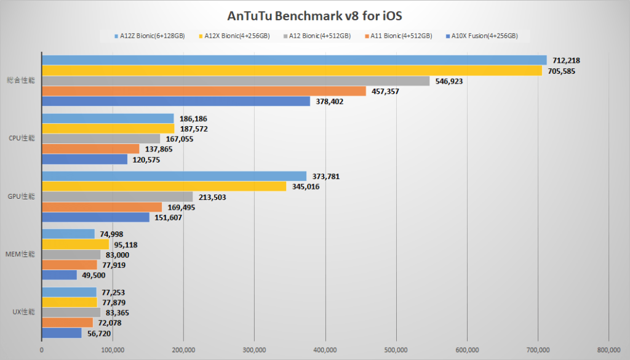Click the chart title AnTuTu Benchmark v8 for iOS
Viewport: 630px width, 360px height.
[x=314, y=15]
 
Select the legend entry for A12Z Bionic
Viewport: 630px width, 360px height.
[x=150, y=36]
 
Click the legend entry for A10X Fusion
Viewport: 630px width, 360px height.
[x=484, y=36]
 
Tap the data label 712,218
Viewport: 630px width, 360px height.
[x=565, y=60]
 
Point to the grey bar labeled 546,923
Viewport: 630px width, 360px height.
[x=235, y=81]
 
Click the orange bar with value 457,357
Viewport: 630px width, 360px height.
[x=203, y=91]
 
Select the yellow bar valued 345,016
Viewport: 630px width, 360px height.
[x=164, y=186]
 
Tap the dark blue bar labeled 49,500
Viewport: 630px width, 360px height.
[x=59, y=275]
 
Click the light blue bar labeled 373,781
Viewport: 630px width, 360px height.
[x=173, y=176]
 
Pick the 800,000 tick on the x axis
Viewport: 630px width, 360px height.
[x=608, y=350]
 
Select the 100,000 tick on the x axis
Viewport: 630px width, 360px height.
[x=113, y=350]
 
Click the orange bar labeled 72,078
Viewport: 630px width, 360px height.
[x=67, y=322]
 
